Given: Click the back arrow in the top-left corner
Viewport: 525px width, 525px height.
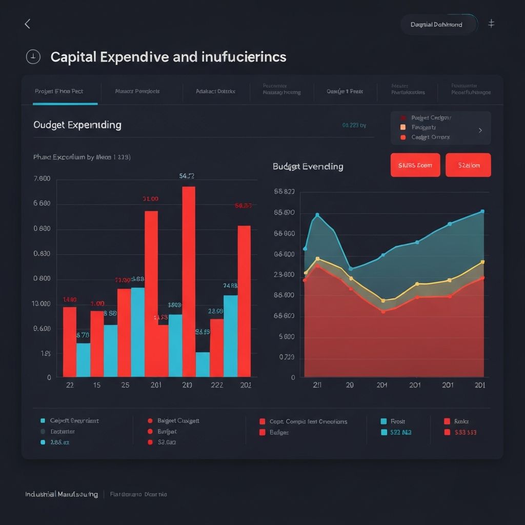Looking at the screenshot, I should tap(28, 24).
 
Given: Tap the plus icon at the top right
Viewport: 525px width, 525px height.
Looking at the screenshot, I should tap(491, 24).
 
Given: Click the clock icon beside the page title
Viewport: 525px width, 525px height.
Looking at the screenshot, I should tap(33, 57).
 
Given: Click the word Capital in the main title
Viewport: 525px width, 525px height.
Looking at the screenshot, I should tap(73, 57).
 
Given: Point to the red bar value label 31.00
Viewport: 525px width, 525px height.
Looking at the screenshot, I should tap(150, 198).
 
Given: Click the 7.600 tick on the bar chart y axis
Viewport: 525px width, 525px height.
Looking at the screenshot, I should tap(42, 179).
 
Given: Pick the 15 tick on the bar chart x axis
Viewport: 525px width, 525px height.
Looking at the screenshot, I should tap(96, 386).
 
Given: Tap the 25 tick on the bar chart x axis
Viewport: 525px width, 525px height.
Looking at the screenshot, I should tap(125, 386).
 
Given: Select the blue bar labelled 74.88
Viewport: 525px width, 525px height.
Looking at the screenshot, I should tap(231, 335).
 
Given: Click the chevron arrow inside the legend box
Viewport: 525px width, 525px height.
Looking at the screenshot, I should tap(480, 130).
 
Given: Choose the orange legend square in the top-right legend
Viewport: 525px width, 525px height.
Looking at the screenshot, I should tap(402, 127).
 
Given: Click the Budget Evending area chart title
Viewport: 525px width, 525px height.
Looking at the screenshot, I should tap(308, 166).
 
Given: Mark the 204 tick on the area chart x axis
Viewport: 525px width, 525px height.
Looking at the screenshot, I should tap(381, 385).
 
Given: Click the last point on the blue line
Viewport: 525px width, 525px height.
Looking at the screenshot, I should tap(482, 211).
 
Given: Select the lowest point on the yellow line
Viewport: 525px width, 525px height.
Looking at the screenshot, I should tap(382, 300).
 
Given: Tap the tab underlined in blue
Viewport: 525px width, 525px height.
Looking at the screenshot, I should tap(59, 91).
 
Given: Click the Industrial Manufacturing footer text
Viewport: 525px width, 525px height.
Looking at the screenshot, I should tap(62, 494).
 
